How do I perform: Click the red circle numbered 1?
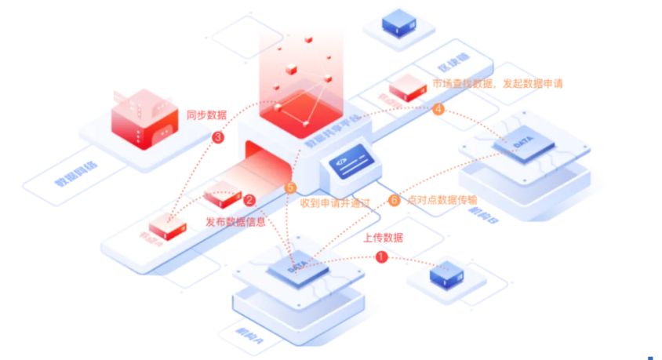point(382,256)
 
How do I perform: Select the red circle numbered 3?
point(219,138)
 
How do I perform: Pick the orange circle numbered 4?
point(438,109)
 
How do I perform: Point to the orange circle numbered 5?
point(291,188)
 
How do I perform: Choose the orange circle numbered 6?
point(394,200)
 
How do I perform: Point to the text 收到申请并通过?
point(333,202)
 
